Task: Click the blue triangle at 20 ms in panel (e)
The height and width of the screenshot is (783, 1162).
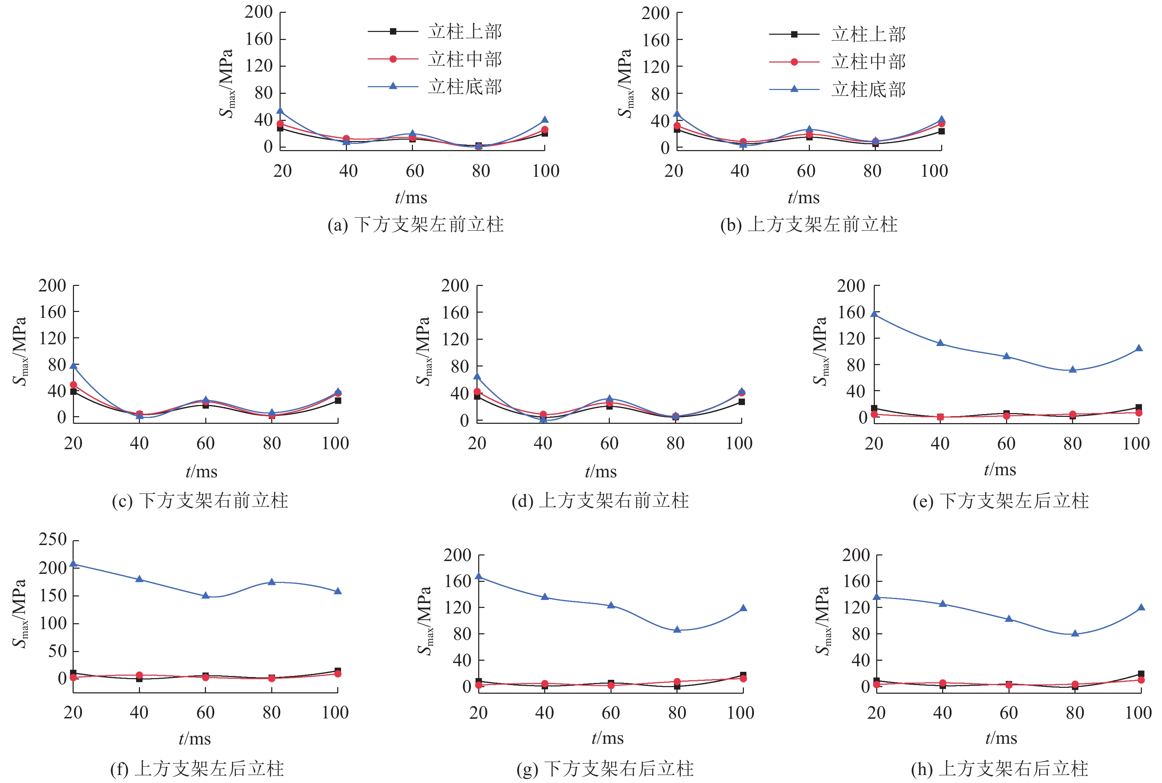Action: point(874,314)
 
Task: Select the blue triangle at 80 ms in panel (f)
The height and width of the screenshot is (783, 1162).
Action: point(272,582)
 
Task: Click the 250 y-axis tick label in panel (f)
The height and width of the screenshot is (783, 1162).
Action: point(53,539)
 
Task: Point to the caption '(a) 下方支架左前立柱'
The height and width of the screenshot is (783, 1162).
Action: point(415,225)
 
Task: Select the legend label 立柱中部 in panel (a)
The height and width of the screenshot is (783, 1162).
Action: point(465,59)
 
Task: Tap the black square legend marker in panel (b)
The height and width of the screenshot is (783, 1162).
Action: point(794,34)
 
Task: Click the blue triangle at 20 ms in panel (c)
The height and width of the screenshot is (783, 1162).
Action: point(73,366)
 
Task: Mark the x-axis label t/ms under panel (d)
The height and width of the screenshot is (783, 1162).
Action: point(600,471)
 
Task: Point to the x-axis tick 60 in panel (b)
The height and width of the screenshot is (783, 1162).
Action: point(806,171)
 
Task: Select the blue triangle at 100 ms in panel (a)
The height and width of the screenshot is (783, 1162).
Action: point(545,120)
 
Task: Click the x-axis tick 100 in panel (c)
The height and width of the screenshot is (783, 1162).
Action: point(335,443)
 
